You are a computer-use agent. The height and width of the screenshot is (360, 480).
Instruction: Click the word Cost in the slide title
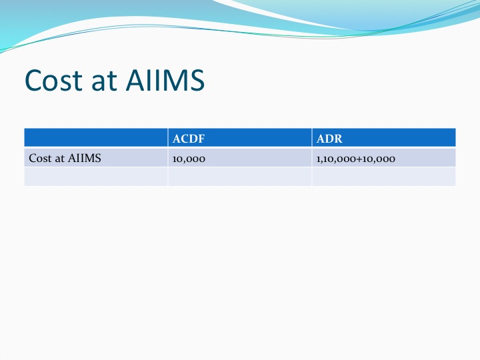(x=54, y=80)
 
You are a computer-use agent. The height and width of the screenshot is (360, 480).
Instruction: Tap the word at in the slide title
(x=104, y=81)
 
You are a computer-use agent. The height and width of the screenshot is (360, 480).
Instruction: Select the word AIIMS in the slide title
(x=165, y=80)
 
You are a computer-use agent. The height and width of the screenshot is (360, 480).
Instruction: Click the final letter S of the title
(x=197, y=80)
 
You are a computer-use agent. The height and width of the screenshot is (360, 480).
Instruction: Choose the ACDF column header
(x=188, y=139)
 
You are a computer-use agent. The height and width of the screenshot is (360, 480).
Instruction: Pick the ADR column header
(x=329, y=139)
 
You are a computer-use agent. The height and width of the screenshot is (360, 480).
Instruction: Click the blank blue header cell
(x=96, y=138)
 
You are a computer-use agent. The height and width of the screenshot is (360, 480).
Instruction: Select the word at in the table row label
(x=60, y=159)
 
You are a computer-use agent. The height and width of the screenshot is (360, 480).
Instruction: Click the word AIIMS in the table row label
(x=85, y=158)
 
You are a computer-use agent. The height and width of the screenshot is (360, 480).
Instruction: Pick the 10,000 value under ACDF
(x=189, y=159)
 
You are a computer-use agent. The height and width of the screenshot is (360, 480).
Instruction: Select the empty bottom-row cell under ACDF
(x=240, y=177)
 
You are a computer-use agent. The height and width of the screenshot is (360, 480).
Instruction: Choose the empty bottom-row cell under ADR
(x=384, y=177)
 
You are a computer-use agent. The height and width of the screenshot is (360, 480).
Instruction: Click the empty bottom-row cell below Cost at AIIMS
(x=96, y=177)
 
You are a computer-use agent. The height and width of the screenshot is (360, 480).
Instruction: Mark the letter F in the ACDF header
(x=201, y=139)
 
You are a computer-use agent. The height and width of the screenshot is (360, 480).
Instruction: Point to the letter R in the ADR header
(x=338, y=139)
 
